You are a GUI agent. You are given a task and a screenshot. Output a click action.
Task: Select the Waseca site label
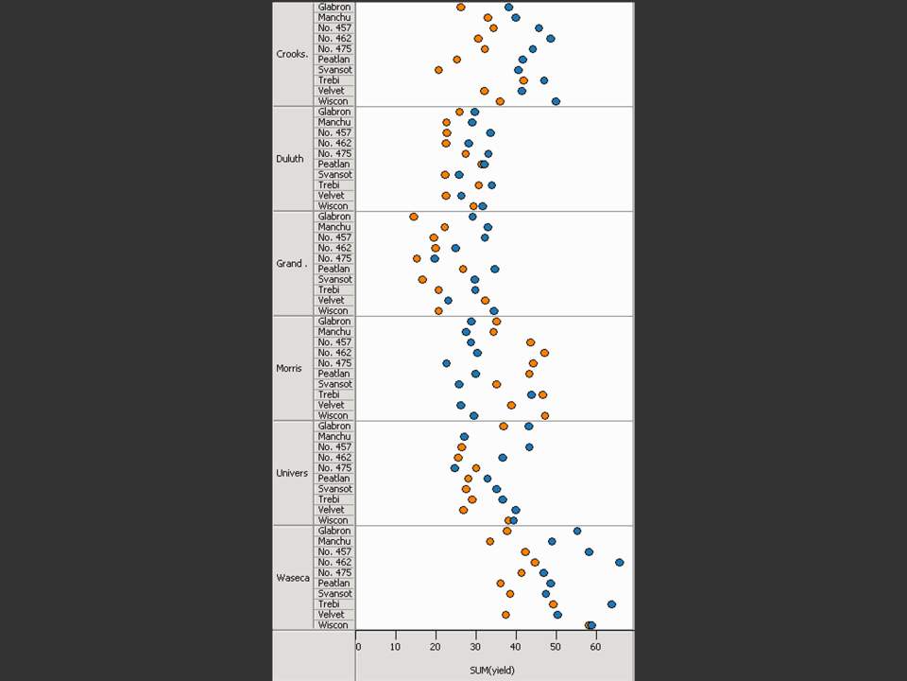tap(292, 578)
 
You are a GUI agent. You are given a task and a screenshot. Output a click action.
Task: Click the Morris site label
tap(289, 368)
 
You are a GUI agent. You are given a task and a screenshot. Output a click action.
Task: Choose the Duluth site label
tap(290, 159)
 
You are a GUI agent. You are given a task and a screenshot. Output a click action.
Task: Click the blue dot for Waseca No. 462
tap(619, 562)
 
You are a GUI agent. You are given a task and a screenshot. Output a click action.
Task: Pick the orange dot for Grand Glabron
tap(414, 217)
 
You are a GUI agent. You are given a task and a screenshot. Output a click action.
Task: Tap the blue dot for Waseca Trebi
tap(611, 603)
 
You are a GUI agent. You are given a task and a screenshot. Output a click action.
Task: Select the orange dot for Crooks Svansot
tap(438, 70)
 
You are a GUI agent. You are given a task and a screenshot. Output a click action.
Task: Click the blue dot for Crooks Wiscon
tap(556, 101)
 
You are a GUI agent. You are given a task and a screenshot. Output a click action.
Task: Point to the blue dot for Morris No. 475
tap(447, 363)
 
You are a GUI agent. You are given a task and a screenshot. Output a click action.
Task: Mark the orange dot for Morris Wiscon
tap(545, 415)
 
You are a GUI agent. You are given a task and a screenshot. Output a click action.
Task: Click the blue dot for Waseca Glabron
tap(577, 531)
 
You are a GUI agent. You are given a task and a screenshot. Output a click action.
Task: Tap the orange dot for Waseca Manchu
tap(490, 541)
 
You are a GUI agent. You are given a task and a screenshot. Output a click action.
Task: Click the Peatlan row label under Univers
tap(334, 479)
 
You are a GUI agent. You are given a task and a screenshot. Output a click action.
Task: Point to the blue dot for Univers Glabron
tap(529, 426)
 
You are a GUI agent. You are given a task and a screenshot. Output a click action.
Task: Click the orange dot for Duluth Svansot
tap(445, 175)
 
